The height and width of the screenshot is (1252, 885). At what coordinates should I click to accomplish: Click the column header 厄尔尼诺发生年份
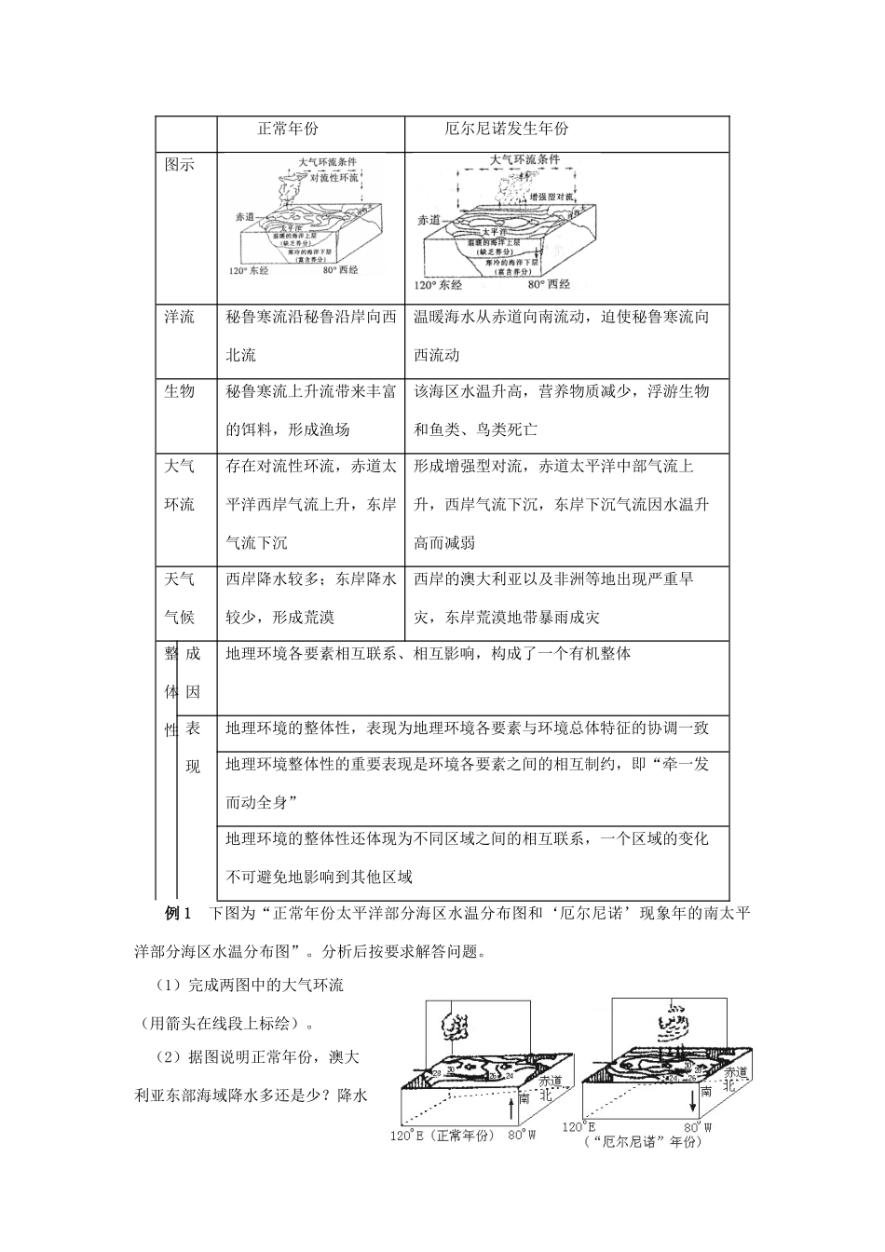click(x=506, y=129)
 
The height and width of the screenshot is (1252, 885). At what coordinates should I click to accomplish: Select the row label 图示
click(x=179, y=166)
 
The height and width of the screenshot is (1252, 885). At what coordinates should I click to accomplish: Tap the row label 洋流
click(x=179, y=318)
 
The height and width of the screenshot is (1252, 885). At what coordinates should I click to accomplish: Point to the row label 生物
click(x=179, y=392)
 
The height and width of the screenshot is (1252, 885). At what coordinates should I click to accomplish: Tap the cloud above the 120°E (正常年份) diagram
click(x=457, y=1027)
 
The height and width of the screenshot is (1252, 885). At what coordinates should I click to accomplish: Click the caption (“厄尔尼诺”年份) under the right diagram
click(x=641, y=1142)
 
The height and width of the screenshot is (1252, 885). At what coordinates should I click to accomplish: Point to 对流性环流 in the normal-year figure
click(x=334, y=177)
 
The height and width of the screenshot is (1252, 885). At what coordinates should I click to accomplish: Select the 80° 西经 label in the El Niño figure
click(x=545, y=284)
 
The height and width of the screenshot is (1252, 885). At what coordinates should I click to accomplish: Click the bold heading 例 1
click(x=177, y=913)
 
